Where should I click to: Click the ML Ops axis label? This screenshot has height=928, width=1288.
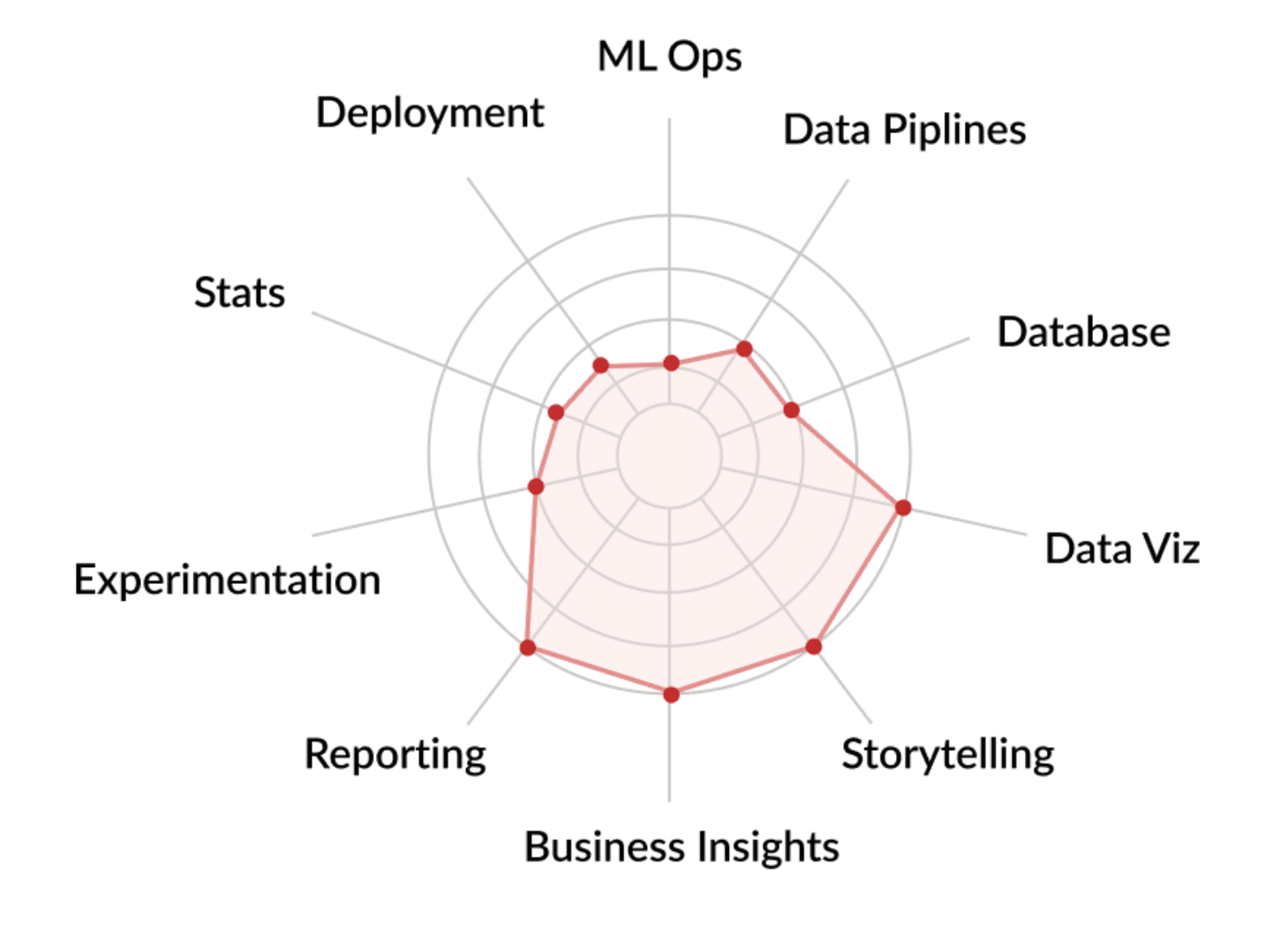(x=670, y=57)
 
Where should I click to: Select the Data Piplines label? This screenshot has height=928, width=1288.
(x=905, y=130)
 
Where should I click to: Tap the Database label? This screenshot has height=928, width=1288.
(x=1084, y=332)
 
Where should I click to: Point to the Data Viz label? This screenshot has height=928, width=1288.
(x=1123, y=549)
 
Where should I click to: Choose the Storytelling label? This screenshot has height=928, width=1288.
(x=948, y=756)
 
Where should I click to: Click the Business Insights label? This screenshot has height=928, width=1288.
(x=682, y=847)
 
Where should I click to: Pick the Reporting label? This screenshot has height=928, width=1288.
(x=395, y=755)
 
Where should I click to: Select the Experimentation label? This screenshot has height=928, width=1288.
(x=227, y=580)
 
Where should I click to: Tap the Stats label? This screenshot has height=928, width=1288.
(x=240, y=293)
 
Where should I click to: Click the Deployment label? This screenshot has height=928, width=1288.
(x=430, y=113)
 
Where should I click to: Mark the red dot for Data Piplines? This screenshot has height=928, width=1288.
(x=744, y=348)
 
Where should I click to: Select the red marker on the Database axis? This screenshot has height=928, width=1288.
(x=791, y=410)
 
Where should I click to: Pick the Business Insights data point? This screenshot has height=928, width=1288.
(x=671, y=694)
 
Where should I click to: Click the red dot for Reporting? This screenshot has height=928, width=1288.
(x=528, y=647)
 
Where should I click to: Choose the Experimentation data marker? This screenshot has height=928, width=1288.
(x=535, y=486)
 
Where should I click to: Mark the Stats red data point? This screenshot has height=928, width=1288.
(x=556, y=413)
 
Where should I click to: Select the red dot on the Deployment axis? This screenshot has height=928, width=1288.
(x=601, y=365)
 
